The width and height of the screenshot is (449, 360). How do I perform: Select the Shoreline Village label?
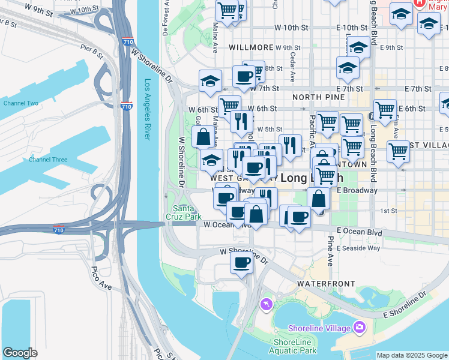point(319,328)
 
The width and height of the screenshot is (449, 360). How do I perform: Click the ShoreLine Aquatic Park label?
point(292,346)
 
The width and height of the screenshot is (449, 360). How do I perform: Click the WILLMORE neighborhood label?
point(247,47)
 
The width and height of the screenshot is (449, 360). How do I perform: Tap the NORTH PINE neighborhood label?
point(318,97)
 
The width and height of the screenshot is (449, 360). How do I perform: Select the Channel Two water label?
point(20,103)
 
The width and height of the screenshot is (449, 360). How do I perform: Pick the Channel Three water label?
point(48,160)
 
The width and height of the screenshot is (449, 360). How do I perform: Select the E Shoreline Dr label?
point(404,304)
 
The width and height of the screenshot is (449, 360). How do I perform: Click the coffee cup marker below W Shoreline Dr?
point(242,262)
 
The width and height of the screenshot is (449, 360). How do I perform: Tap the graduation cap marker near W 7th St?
point(210,81)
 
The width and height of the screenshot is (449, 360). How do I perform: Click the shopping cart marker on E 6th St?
point(385,109)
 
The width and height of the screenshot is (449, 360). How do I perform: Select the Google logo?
point(20,353)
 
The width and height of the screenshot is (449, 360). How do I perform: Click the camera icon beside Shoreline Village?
point(360,327)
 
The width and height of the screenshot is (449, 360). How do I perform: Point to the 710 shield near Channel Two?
point(125,106)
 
